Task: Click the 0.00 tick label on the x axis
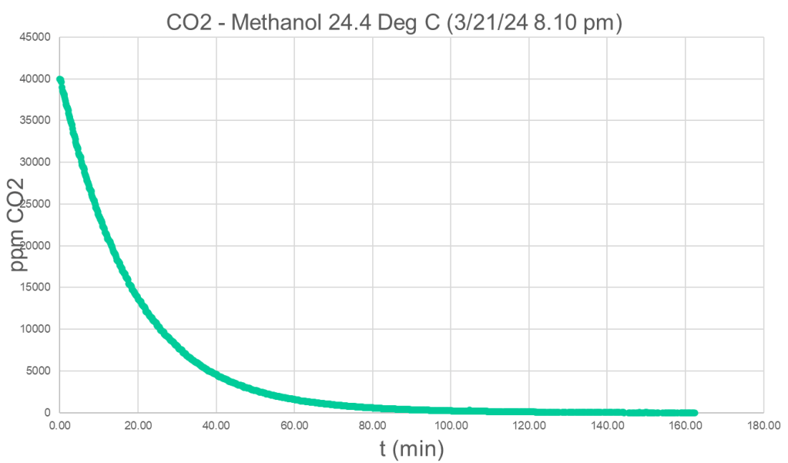coord(59,424)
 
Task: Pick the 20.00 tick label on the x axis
coord(138,424)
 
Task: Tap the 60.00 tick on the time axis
coord(295,424)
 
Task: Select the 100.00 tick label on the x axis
coord(451,424)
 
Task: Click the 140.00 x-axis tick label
coord(608,424)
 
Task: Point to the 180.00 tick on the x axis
coord(764,424)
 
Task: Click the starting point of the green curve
coord(60,79)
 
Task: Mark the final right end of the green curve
coord(695,413)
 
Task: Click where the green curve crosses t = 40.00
coord(216,375)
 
